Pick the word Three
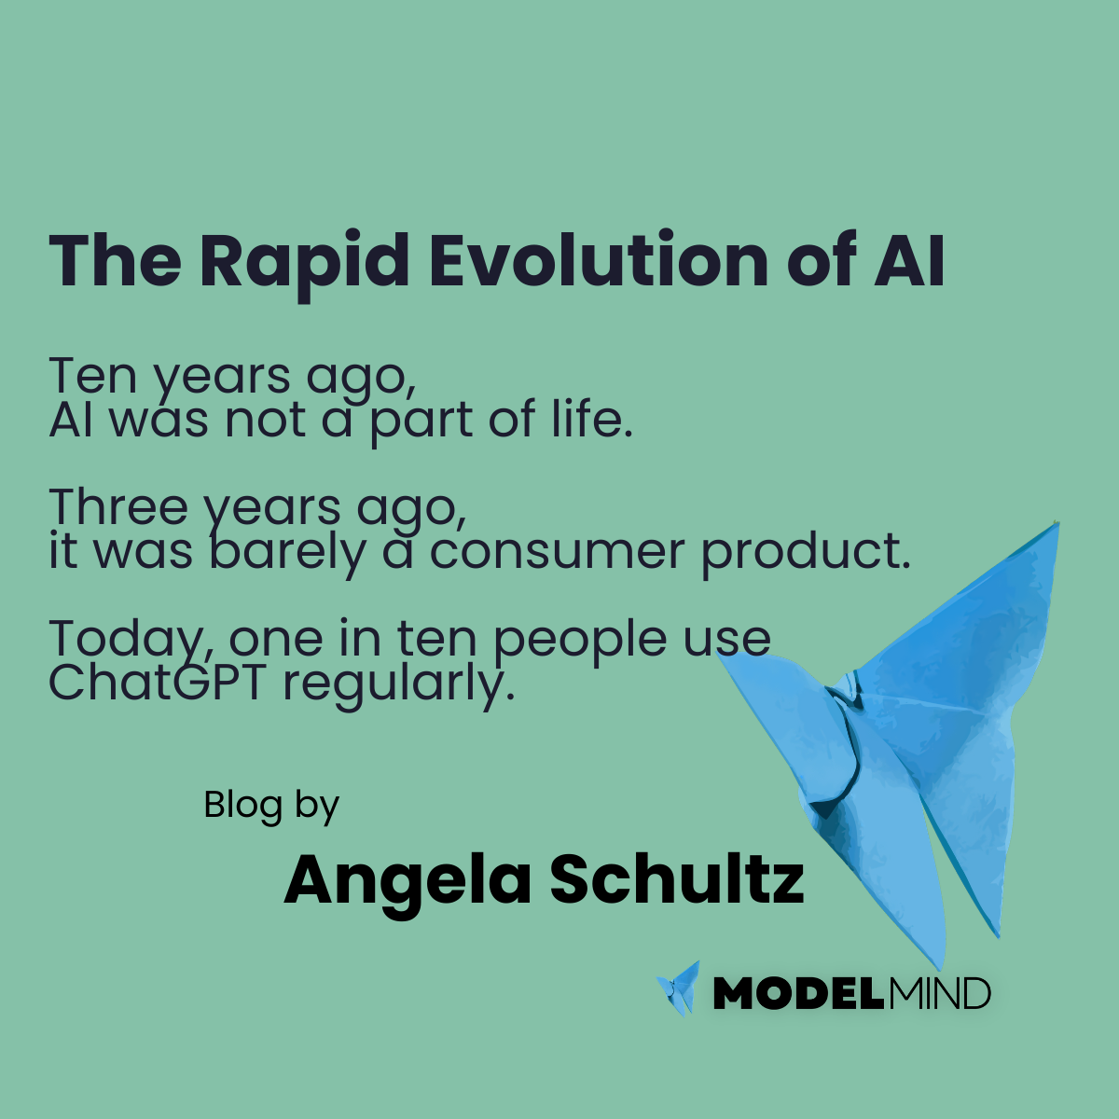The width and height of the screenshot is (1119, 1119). (118, 507)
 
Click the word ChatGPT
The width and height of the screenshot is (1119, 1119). (158, 683)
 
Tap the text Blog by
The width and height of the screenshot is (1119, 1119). (271, 805)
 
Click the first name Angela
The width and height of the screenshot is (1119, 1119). (408, 880)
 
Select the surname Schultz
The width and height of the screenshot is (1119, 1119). (675, 880)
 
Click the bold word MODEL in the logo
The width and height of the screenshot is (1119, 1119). (796, 994)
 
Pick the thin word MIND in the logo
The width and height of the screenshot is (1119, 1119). (938, 994)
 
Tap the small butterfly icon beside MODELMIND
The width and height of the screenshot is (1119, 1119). (679, 988)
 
